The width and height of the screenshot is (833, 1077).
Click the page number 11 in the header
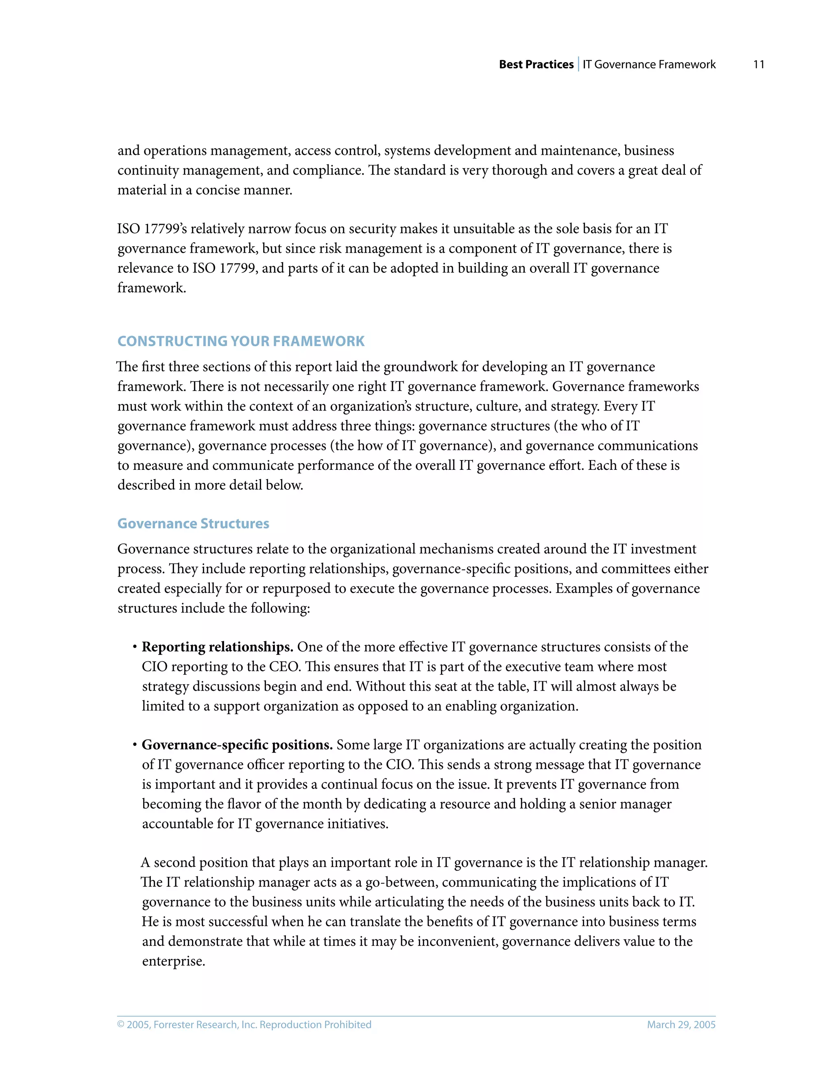coord(759,65)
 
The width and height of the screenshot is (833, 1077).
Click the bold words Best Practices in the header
coord(536,65)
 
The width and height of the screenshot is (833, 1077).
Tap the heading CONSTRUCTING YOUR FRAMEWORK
coord(241,341)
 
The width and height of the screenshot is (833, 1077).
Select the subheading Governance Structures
coord(193,524)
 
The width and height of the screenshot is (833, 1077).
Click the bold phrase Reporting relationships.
coord(218,647)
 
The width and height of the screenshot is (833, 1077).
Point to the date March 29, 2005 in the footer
coord(681,1025)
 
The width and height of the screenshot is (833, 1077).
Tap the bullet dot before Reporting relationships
coord(134,647)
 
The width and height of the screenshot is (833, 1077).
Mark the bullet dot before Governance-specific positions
coord(134,745)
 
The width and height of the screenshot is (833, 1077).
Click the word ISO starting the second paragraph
coord(128,229)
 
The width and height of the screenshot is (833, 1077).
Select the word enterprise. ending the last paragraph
coord(173,961)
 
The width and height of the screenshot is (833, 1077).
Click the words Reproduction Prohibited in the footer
coord(315,1025)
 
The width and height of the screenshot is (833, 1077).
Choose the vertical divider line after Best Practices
coord(578,65)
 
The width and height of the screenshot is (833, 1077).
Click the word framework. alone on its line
coord(151,288)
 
